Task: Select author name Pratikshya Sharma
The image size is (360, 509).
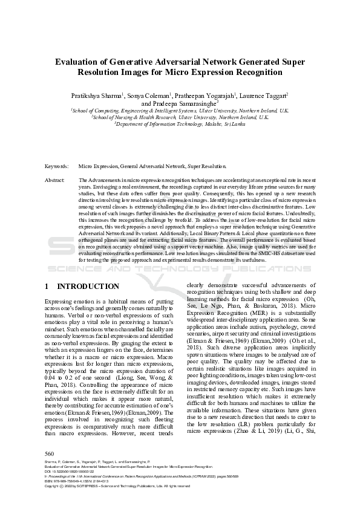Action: [97, 96]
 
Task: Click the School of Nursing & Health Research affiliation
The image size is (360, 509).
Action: [180, 117]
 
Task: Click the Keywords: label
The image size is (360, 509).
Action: [57, 165]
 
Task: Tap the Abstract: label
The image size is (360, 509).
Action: [55, 180]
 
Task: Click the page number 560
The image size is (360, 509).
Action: [50, 454]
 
